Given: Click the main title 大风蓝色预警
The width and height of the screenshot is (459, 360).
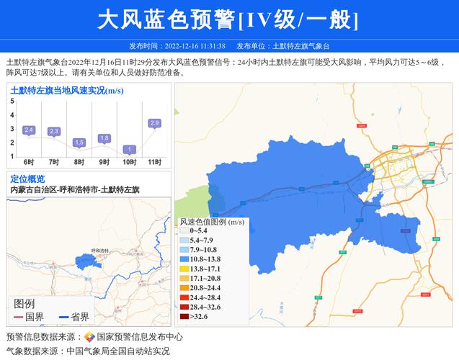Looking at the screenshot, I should pos(166,19).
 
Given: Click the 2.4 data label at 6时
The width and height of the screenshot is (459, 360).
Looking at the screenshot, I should pos(29,130).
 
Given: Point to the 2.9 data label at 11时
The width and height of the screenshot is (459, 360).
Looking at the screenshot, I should pos(154,123).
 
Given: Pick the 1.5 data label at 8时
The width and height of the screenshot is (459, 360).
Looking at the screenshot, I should pos(79,143).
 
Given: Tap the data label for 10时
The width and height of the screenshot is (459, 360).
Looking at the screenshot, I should pos(129,150).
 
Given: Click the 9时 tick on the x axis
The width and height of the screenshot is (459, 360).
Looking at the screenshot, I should pos(104,162).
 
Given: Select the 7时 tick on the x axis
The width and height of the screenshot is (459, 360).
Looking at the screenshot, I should pos(54,162).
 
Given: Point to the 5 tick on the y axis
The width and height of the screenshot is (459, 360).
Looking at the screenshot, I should pos(12,102).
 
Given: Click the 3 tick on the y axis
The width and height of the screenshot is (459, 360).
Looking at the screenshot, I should pos(12,129).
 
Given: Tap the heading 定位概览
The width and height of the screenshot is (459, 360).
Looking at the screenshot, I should pos(27,179).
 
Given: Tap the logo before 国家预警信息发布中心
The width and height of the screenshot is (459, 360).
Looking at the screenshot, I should pos(89,337).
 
